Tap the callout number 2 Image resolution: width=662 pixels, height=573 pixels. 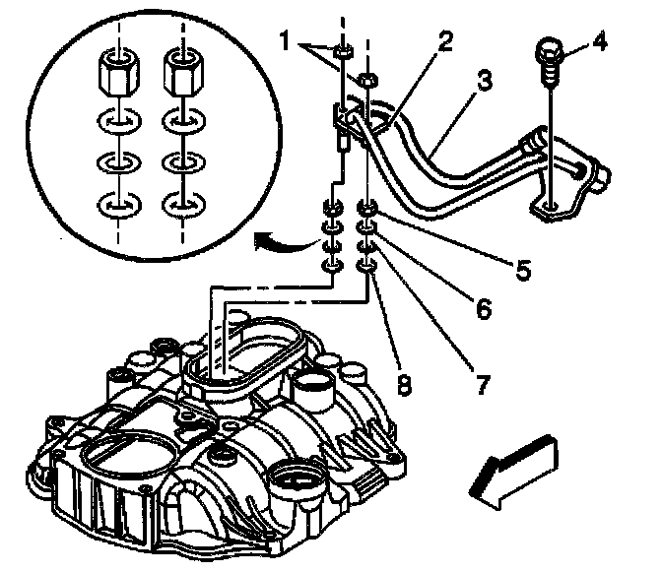click(x=445, y=42)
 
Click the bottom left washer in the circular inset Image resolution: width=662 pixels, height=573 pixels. click(x=117, y=206)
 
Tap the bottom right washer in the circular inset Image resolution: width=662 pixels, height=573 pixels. click(x=180, y=206)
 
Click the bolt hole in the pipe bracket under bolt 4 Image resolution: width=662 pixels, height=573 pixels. click(x=550, y=207)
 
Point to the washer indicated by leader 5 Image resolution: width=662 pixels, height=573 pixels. click(x=366, y=209)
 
